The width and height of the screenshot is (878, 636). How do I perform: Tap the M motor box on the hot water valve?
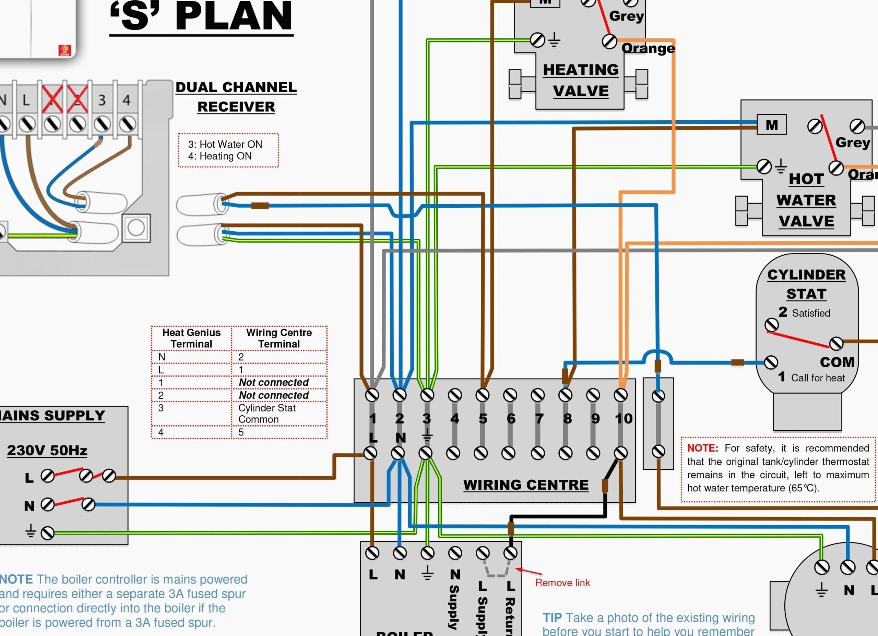tap(772, 125)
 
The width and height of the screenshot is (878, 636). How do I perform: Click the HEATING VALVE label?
tap(581, 81)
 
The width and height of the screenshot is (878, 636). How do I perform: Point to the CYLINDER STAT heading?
tap(806, 284)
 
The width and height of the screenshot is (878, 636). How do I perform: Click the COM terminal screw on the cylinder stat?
tap(836, 343)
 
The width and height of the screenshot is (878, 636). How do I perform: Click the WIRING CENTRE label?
tap(526, 484)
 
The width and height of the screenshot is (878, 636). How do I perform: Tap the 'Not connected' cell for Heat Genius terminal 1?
tap(273, 382)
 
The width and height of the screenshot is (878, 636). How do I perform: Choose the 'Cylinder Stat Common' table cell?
tap(267, 413)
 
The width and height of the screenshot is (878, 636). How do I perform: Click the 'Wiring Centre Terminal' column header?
tap(279, 338)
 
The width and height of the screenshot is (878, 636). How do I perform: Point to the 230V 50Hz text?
tap(47, 450)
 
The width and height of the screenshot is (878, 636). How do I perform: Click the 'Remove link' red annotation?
tap(562, 583)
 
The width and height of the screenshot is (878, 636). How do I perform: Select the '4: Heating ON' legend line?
tap(220, 156)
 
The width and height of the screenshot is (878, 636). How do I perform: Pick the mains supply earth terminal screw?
tap(48, 533)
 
